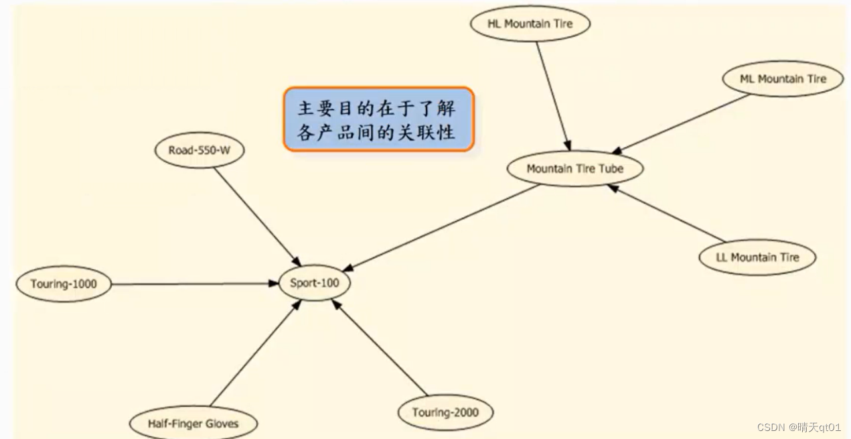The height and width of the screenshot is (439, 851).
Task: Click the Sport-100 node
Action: coord(315,283)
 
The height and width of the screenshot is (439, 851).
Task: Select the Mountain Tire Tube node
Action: coord(575,169)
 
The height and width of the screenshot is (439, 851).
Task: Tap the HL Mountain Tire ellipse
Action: coord(530,24)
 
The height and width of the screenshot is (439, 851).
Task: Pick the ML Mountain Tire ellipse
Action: coord(783,79)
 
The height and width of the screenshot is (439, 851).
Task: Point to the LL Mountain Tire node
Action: coord(757,257)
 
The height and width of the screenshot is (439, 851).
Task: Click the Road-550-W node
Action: coord(199,151)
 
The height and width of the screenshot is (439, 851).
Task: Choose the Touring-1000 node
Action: coord(64,284)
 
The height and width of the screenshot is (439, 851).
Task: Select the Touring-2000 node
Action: coord(445,412)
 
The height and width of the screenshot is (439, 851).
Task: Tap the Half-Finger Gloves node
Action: coord(193,424)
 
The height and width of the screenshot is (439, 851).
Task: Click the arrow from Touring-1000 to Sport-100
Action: coord(194,284)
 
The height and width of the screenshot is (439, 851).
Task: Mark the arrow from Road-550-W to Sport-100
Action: coord(256,214)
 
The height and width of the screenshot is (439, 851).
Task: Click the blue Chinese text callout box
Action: coord(378,119)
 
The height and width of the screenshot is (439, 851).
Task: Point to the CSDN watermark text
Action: coord(798,427)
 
